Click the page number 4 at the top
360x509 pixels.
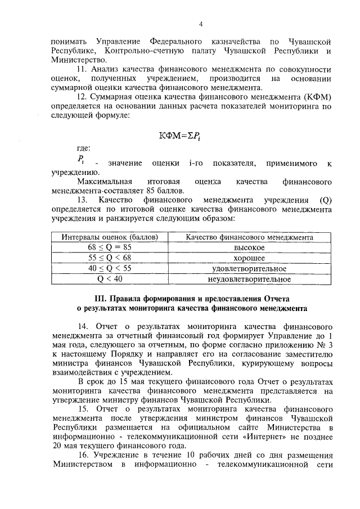point(200,24)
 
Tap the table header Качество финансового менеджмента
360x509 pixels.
point(249,237)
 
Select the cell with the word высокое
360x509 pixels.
point(249,247)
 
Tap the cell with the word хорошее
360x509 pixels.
point(249,258)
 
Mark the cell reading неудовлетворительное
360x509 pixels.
point(249,278)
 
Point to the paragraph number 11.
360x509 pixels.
point(82,69)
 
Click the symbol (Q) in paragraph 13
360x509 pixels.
point(323,200)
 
